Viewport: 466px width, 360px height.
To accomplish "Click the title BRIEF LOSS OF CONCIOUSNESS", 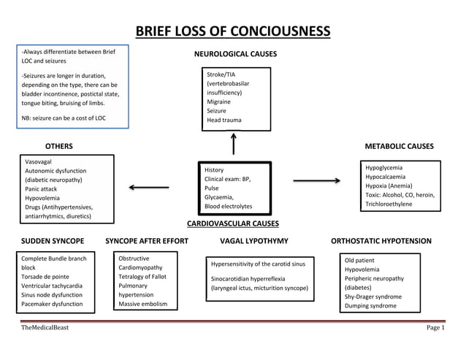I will point(233,31).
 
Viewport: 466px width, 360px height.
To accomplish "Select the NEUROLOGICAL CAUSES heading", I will point(235,55).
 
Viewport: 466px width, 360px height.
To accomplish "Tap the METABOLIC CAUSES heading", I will point(399,147).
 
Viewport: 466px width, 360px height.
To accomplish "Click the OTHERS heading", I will point(59,147).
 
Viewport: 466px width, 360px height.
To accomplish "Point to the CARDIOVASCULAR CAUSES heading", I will point(233,223).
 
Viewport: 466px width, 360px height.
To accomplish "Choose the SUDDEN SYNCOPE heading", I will point(52,241).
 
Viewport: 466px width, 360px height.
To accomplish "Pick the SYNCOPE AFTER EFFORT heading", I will point(147,241).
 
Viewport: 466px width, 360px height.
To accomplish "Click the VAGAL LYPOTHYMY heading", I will point(254,241).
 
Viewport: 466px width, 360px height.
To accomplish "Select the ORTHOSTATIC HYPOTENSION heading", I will point(381,241).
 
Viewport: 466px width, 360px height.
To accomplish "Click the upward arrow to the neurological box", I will point(234,143).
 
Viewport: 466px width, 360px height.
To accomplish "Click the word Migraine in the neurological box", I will point(220,102).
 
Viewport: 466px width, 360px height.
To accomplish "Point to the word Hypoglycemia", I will point(384,168).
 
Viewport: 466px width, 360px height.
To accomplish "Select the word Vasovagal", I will point(38,161).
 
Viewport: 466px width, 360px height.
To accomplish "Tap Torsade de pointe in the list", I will point(46,277).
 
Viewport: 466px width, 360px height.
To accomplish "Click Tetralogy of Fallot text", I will point(144,277).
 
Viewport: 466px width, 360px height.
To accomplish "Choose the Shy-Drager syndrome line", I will point(373,297).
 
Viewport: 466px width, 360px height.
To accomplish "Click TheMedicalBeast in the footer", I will point(45,328).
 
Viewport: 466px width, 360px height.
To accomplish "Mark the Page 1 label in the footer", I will point(435,328).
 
